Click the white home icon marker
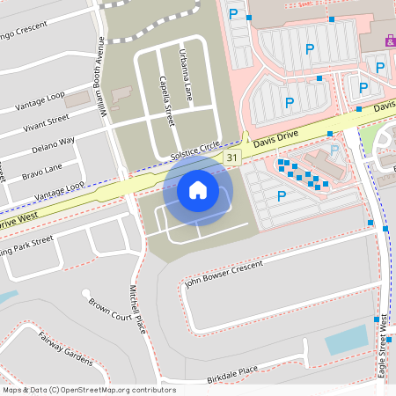click(198, 189)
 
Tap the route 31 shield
click(231, 157)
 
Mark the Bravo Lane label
click(41, 167)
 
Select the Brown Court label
click(109, 310)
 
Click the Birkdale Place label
click(232, 373)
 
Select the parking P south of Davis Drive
click(281, 196)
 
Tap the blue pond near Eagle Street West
click(346, 339)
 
